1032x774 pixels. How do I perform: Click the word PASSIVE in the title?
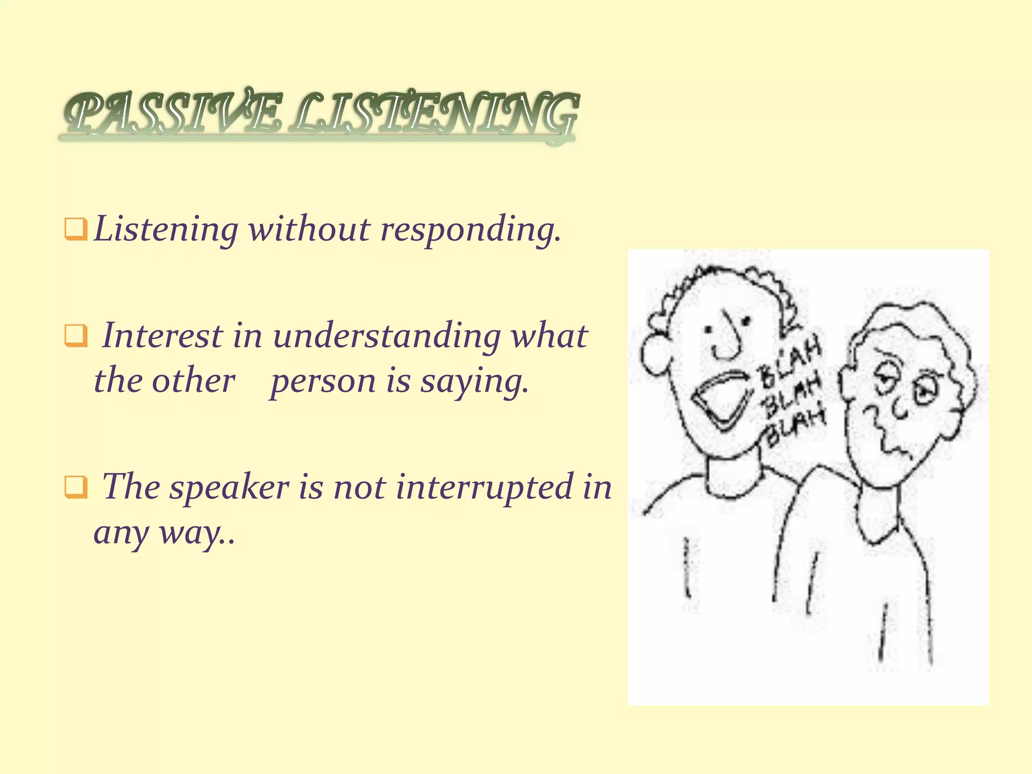171,115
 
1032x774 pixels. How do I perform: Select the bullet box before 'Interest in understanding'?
76,336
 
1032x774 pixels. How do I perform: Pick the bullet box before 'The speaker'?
76,487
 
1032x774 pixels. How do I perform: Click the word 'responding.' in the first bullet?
470,230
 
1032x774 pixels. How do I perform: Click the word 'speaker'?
229,488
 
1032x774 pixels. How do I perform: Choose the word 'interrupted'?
484,488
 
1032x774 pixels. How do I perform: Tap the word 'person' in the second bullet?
323,381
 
